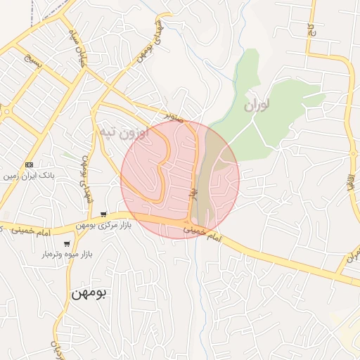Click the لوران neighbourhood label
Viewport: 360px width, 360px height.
tap(257, 106)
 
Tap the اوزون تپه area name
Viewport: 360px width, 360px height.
tap(124, 132)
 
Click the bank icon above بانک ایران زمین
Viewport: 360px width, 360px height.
tap(29, 165)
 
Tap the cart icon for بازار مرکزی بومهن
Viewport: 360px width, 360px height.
tap(103, 214)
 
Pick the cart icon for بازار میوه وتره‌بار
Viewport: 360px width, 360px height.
tap(67, 244)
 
